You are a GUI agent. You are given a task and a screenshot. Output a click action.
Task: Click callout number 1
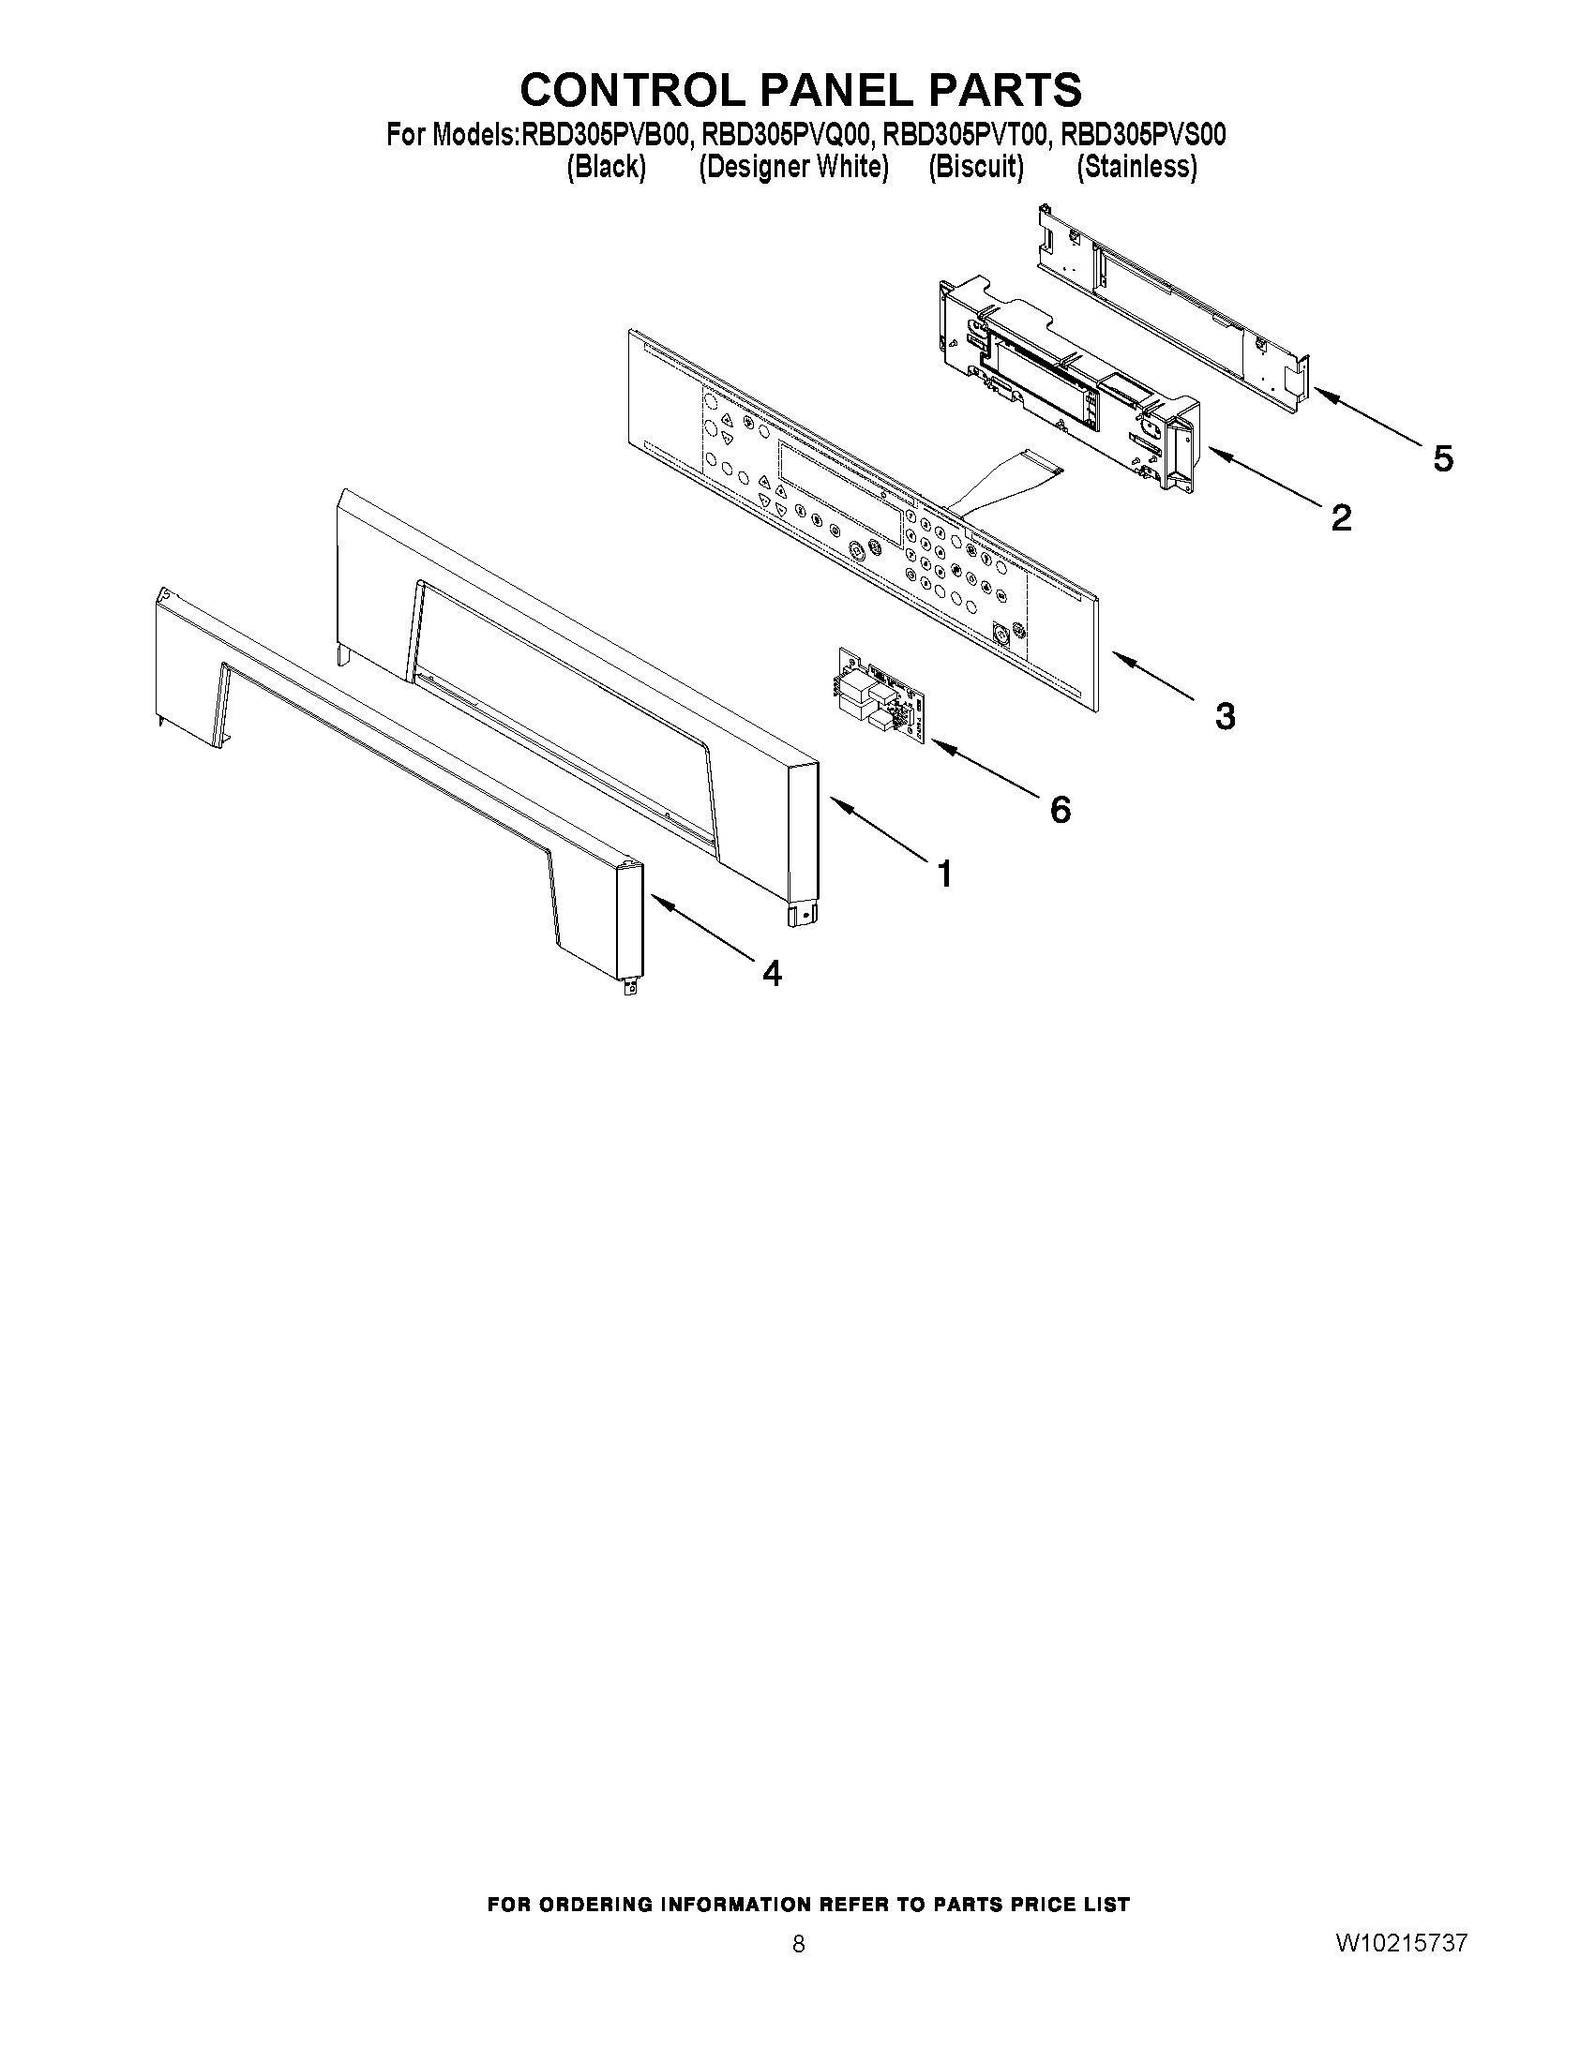click(x=944, y=875)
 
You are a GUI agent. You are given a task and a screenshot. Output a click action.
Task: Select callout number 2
click(x=1340, y=516)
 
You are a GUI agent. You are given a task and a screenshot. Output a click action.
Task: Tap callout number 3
click(x=1225, y=716)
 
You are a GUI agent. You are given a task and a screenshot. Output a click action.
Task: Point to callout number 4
click(x=772, y=973)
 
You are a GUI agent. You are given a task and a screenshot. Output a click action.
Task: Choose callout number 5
click(x=1442, y=458)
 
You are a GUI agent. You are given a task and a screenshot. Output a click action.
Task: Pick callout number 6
click(x=1061, y=809)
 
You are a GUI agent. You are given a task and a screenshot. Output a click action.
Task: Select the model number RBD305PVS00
click(x=1143, y=136)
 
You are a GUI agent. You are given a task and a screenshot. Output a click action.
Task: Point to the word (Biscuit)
click(x=976, y=167)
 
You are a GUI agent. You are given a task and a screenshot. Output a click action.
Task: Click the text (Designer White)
click(x=793, y=167)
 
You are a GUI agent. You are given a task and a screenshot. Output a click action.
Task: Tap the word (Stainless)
click(x=1136, y=167)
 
